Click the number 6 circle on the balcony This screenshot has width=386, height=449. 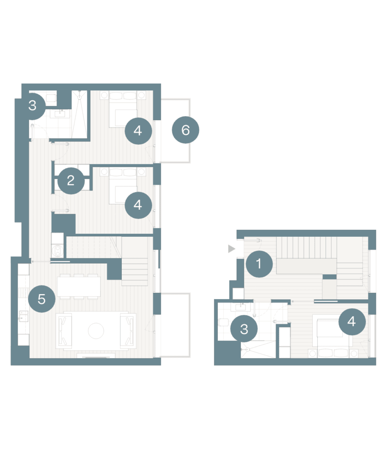(185, 130)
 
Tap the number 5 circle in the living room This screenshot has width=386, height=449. (42, 299)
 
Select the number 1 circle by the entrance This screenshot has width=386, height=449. (259, 264)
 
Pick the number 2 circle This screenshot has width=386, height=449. (71, 180)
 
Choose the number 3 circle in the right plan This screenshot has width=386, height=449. (244, 329)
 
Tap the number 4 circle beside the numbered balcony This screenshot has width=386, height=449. (138, 131)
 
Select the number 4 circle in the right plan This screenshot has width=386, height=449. (352, 321)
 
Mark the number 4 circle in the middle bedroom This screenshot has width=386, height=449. (138, 205)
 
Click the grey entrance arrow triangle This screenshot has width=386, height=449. (231, 249)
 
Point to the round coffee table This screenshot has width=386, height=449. (96, 331)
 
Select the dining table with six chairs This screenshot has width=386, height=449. (79, 286)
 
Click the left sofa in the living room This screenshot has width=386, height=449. (64, 331)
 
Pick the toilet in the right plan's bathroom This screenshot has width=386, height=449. (223, 322)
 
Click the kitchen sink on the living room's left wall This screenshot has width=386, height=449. (24, 316)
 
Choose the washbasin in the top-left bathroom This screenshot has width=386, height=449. (60, 114)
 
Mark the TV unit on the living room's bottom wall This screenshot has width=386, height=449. (96, 356)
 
